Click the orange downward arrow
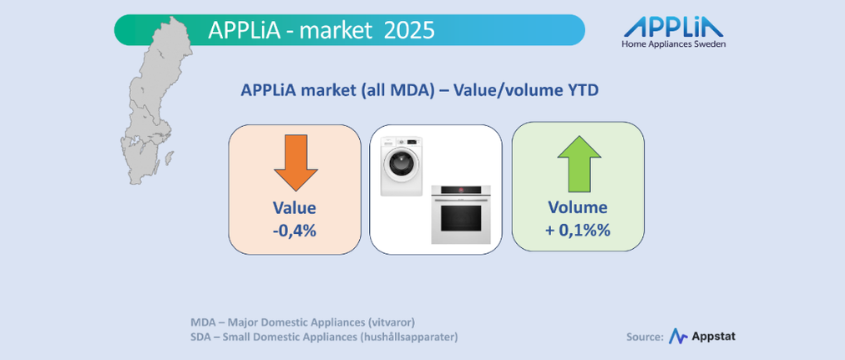(x=296, y=162)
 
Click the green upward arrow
(x=579, y=164)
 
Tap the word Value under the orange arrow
(x=294, y=208)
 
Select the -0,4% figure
(x=294, y=231)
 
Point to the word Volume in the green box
(x=578, y=207)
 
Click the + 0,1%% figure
(x=578, y=231)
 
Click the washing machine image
(x=402, y=166)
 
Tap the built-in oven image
(x=461, y=215)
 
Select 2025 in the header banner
(x=409, y=30)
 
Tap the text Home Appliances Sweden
(x=674, y=44)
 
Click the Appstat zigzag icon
(x=678, y=337)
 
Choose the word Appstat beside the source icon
(x=713, y=337)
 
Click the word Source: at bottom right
(x=645, y=337)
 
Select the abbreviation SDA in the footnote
(x=201, y=337)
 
